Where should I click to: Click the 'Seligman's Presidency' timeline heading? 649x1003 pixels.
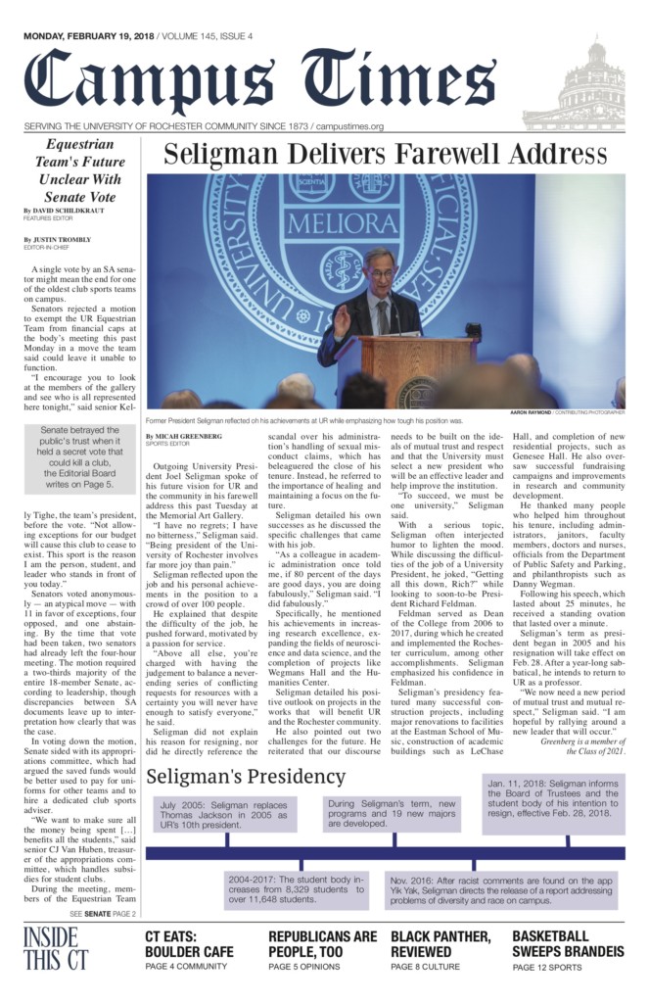[246, 777]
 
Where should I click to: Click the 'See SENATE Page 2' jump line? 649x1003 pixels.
[102, 913]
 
